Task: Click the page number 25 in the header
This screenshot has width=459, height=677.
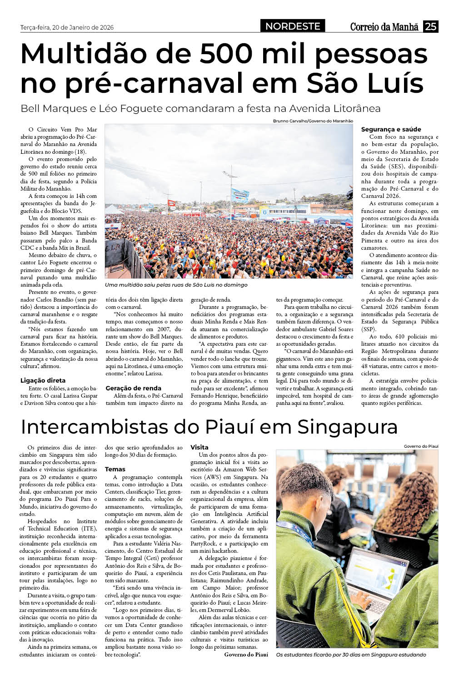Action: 430,26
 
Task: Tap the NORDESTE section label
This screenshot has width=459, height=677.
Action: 293,26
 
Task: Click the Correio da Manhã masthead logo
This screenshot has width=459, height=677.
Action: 384,27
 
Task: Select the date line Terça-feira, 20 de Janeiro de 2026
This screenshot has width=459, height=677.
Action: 67,27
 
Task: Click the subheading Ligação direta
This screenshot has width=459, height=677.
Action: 43,380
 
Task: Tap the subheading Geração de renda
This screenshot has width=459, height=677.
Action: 133,388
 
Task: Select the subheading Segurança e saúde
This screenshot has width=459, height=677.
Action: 391,129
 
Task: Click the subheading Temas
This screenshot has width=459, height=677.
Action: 115,469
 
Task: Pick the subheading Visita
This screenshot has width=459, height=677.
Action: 200,447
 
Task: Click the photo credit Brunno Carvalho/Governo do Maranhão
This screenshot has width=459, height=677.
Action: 313,121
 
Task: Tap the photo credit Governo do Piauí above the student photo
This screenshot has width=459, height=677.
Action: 421,446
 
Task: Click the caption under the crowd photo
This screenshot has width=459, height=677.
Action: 176,285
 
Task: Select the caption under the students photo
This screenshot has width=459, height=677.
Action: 351,655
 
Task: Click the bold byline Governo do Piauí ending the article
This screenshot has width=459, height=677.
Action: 246,654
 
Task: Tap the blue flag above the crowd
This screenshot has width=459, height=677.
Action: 240,196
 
